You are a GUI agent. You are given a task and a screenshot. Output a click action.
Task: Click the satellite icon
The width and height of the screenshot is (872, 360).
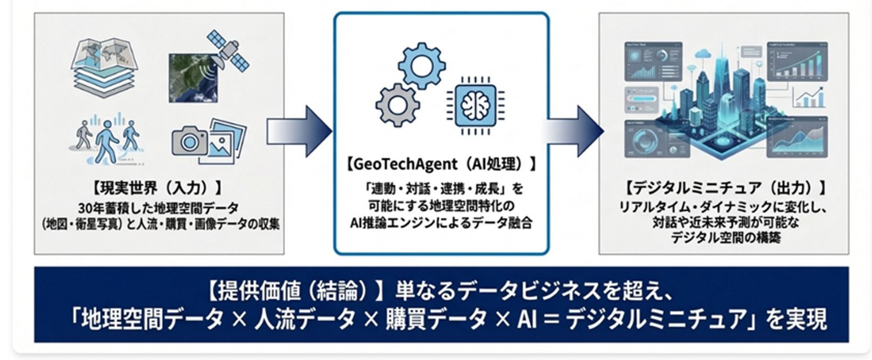[x=228, y=51]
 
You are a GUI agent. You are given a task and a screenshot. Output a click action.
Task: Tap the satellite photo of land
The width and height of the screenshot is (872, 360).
[x=193, y=78]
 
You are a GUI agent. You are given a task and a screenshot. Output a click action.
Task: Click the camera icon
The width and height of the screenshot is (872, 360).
[x=189, y=141]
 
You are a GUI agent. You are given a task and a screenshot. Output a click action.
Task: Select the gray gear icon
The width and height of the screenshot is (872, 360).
[x=397, y=105]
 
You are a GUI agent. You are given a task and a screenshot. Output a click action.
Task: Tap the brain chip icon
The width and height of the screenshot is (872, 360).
[x=475, y=105]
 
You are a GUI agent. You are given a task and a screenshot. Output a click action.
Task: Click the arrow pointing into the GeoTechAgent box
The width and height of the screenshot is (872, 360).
[x=299, y=131]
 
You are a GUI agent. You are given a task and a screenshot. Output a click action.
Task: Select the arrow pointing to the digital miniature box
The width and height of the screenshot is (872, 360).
[x=573, y=131]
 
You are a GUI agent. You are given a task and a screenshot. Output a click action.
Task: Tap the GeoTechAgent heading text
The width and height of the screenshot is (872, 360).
[x=441, y=164]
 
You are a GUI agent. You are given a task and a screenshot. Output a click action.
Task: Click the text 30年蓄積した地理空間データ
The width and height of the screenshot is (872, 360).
[x=158, y=208]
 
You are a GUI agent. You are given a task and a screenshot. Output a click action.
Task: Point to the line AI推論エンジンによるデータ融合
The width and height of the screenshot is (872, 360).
[x=441, y=223]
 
